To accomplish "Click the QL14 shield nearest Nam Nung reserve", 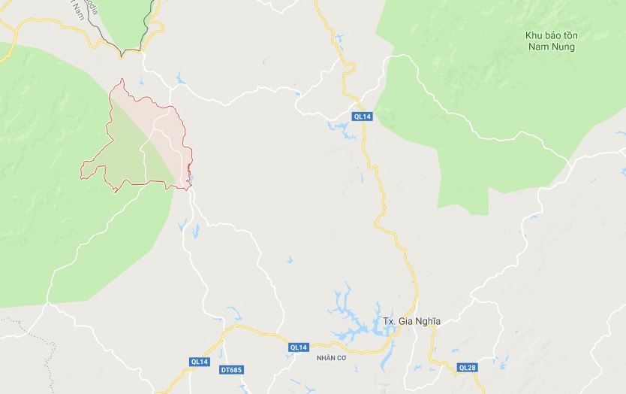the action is click(363, 116).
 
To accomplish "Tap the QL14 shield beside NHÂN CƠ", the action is click(298, 347).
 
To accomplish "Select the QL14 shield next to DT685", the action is click(199, 362).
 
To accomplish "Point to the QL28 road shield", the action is click(467, 367).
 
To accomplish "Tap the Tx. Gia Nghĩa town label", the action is click(411, 322).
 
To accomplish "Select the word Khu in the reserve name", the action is click(534, 36).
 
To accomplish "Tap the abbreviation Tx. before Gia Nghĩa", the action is click(389, 322).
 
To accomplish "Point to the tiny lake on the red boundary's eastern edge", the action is click(191, 178).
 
